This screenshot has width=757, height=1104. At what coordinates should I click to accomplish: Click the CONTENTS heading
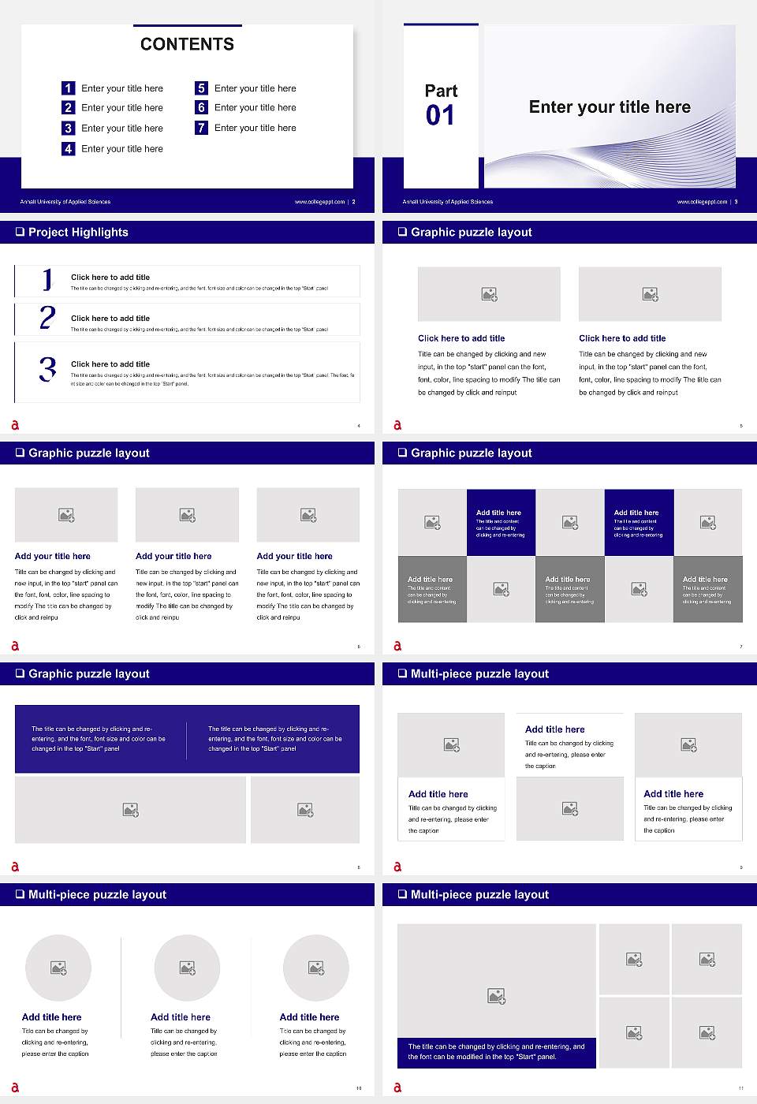coord(187,44)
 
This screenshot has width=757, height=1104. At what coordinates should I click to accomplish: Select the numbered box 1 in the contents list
coord(69,88)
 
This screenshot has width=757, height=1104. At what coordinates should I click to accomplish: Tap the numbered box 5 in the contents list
coord(202,88)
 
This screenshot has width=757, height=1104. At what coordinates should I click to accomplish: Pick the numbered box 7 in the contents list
coord(202,128)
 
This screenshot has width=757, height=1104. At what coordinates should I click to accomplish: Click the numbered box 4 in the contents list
coord(69,148)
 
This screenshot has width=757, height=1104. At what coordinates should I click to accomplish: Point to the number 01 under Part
coord(440,116)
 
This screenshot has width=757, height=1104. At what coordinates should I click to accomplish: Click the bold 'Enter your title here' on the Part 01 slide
coord(610,107)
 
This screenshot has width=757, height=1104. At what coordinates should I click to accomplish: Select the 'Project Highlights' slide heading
coord(78,232)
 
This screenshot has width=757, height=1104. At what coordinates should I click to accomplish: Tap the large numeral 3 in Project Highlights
coord(48,369)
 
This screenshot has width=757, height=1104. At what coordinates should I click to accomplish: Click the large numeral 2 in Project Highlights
coord(47,318)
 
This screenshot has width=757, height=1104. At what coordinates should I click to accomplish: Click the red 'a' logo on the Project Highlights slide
coord(15,425)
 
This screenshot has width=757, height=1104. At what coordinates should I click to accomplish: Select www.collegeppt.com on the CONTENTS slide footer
coord(319,202)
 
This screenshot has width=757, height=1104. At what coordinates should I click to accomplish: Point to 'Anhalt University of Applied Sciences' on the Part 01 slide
coord(448,202)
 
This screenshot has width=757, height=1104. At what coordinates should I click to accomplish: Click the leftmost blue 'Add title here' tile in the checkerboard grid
coord(501,522)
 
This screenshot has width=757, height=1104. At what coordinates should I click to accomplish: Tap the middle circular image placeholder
coord(187,968)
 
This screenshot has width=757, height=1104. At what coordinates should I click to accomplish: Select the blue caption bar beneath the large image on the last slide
coord(496,1052)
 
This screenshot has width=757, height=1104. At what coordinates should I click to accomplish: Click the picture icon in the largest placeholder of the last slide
coord(496,997)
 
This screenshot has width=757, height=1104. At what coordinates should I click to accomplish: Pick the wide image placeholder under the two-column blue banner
coord(131,810)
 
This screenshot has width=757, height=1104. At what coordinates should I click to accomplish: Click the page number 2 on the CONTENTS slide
coord(353,202)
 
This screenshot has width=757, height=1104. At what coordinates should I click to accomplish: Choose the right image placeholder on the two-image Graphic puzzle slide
coord(650,294)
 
